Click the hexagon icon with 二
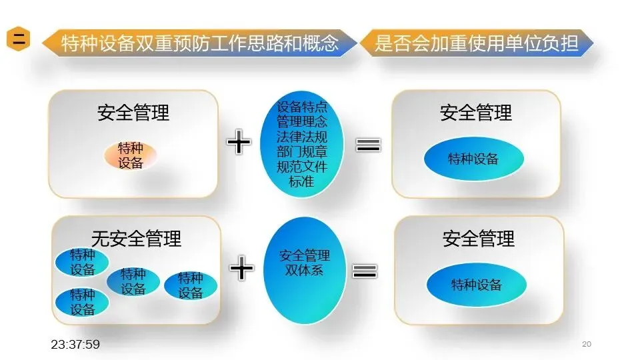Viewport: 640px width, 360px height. pos(20,39)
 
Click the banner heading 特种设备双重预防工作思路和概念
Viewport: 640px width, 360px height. pos(200,44)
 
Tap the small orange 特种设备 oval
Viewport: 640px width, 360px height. pos(131,155)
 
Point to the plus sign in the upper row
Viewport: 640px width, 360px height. pos(239,143)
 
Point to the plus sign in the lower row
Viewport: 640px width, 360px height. pos(241,268)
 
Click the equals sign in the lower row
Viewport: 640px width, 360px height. pos(365,270)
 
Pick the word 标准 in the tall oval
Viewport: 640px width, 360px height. pos(302,181)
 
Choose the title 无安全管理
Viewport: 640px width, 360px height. pos(136,237)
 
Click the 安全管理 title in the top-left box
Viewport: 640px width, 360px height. pos(133,112)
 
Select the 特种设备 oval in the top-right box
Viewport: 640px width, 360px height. pos(473,159)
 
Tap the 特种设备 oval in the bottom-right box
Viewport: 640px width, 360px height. pos(477,285)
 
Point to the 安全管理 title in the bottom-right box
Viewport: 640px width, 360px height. pos(479,238)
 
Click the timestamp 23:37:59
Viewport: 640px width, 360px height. pos(75,344)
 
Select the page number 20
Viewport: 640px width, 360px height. pos(587,344)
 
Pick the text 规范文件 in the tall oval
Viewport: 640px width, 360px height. pos(302,167)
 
